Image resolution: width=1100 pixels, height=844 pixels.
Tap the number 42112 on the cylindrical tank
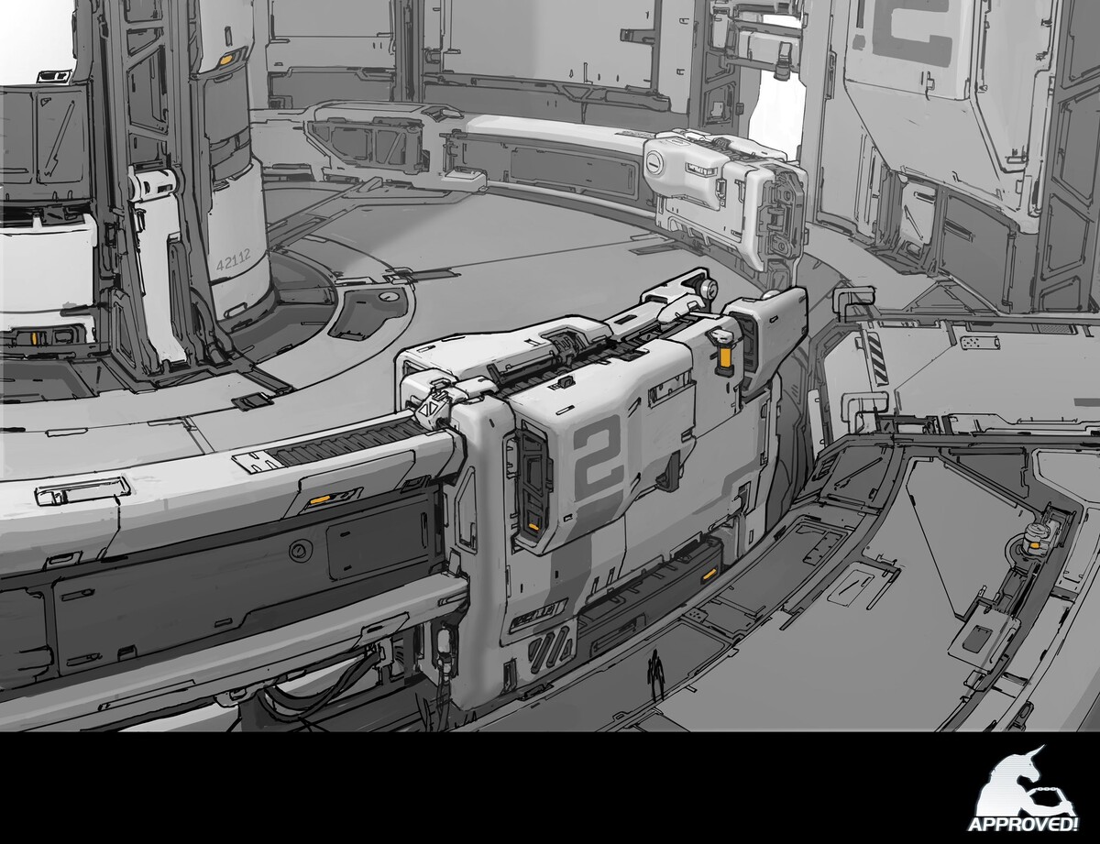coord(236,261)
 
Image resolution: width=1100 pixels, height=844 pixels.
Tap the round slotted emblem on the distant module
coord(657,165)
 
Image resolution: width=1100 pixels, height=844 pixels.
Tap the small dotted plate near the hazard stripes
coord(973,343)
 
